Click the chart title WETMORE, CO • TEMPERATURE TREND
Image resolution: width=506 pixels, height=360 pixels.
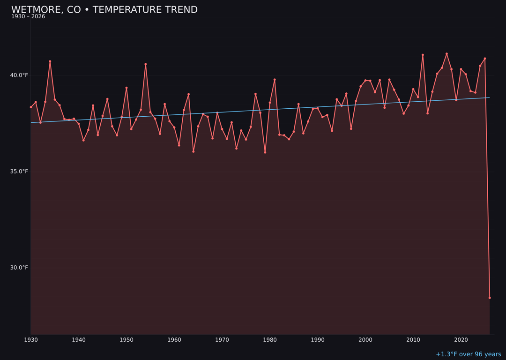click(x=104, y=10)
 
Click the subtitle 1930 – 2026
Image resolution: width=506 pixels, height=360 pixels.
click(x=28, y=17)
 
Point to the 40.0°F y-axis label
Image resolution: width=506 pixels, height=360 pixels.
click(x=20, y=75)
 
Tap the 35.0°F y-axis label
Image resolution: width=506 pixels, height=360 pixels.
click(x=20, y=172)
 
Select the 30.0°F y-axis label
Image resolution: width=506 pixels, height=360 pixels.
click(x=20, y=268)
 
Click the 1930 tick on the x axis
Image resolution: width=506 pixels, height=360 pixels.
click(x=31, y=340)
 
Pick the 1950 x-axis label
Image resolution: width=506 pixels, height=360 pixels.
click(x=126, y=340)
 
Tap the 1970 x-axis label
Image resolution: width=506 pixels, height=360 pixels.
click(x=222, y=340)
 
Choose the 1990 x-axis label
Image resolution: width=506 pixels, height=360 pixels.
click(x=318, y=340)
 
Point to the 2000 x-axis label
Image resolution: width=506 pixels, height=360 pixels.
click(x=365, y=340)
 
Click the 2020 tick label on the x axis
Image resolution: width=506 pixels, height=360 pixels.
click(x=461, y=340)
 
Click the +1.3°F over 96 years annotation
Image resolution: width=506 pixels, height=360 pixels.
click(x=468, y=354)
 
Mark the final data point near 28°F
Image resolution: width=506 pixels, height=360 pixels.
click(x=490, y=298)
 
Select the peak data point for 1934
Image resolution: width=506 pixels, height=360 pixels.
click(x=50, y=61)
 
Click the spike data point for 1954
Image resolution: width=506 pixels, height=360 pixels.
click(x=146, y=64)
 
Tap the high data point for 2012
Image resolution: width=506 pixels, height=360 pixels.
click(x=423, y=55)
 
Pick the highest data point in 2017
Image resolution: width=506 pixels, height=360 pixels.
click(x=446, y=54)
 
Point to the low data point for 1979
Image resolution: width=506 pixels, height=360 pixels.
click(x=265, y=152)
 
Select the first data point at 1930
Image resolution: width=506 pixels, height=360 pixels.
click(x=31, y=107)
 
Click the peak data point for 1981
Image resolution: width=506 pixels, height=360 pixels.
click(x=275, y=80)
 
